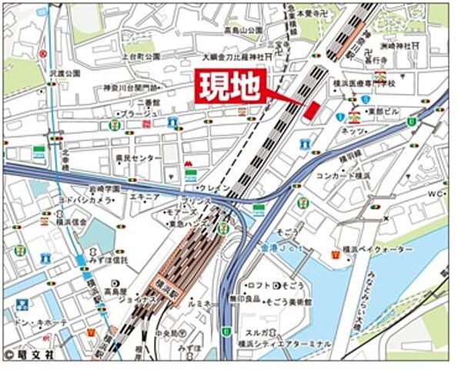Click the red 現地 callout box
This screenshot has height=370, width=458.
pyautogui.click(x=232, y=87)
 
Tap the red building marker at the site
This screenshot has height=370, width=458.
pyautogui.click(x=310, y=110)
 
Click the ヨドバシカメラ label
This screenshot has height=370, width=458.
pyautogui.click(x=84, y=199)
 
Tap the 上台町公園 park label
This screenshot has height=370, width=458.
pyautogui.click(x=139, y=57)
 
